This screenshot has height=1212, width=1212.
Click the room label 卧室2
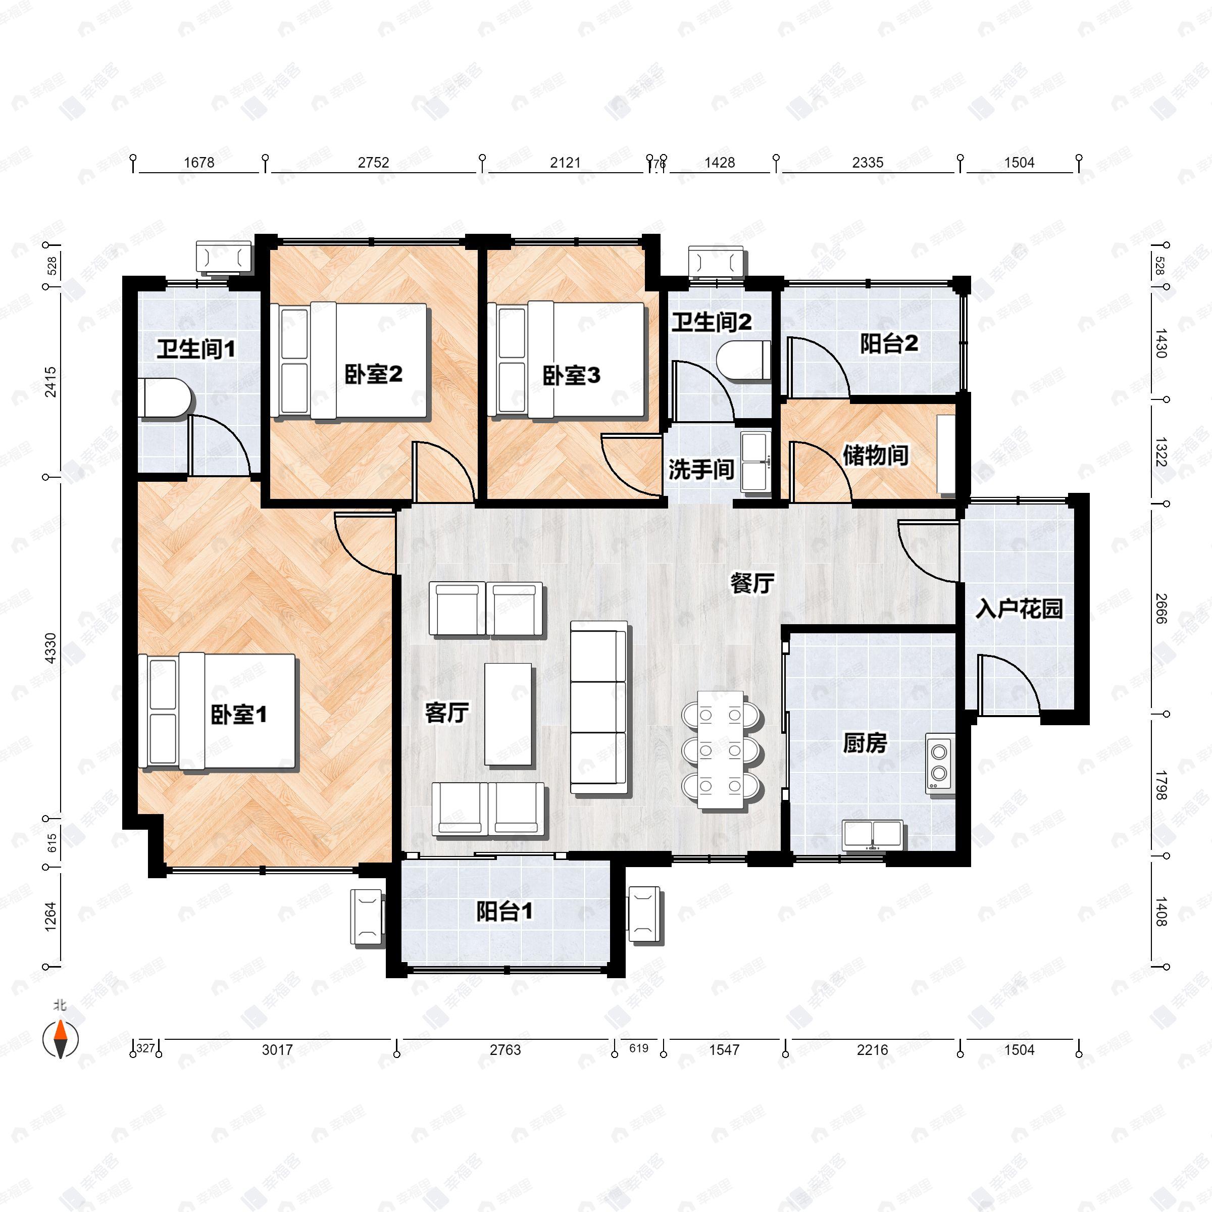[x=373, y=375]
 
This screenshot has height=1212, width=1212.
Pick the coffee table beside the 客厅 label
[x=509, y=715]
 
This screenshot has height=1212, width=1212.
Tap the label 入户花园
[x=1018, y=609]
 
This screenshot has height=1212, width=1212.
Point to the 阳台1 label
[x=504, y=912]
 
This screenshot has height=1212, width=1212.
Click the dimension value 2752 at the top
[x=373, y=163]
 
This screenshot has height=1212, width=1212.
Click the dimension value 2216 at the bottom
[x=872, y=1049]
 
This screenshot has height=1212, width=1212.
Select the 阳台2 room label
[x=889, y=343]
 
